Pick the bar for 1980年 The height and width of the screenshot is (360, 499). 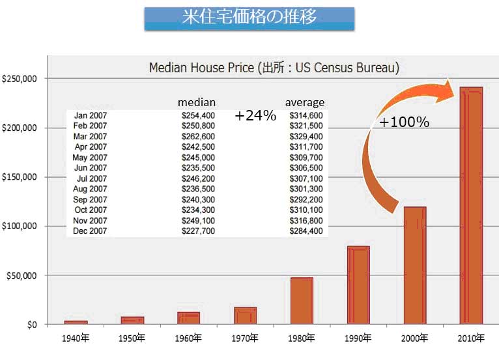click(x=302, y=301)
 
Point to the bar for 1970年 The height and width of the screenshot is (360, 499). click(x=245, y=316)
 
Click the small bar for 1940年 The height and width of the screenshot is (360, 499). click(x=76, y=322)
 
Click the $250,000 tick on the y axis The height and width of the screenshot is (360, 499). click(x=22, y=79)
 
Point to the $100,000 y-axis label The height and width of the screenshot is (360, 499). click(x=22, y=226)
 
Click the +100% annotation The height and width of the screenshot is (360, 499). click(x=404, y=122)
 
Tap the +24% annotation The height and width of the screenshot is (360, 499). click(x=256, y=116)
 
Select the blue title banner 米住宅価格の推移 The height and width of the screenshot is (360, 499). click(x=249, y=18)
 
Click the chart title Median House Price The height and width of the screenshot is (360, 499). click(x=274, y=67)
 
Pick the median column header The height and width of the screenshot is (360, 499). click(x=197, y=103)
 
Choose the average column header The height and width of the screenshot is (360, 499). click(x=305, y=103)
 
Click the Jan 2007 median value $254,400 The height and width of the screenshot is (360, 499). click(x=198, y=115)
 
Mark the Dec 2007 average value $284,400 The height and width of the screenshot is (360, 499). click(x=306, y=230)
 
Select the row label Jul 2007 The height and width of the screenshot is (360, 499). click(x=91, y=178)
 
